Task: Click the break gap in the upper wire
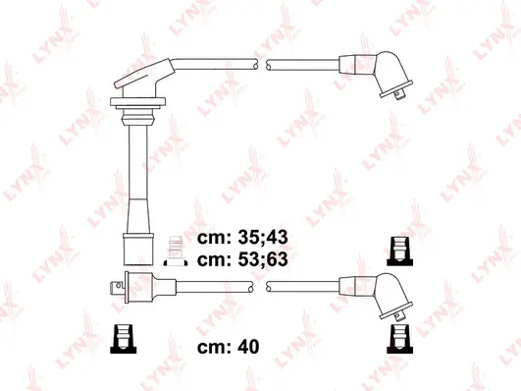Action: pos(262,65)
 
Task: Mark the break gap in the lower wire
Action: pos(262,287)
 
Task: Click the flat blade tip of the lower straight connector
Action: pos(111,286)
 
